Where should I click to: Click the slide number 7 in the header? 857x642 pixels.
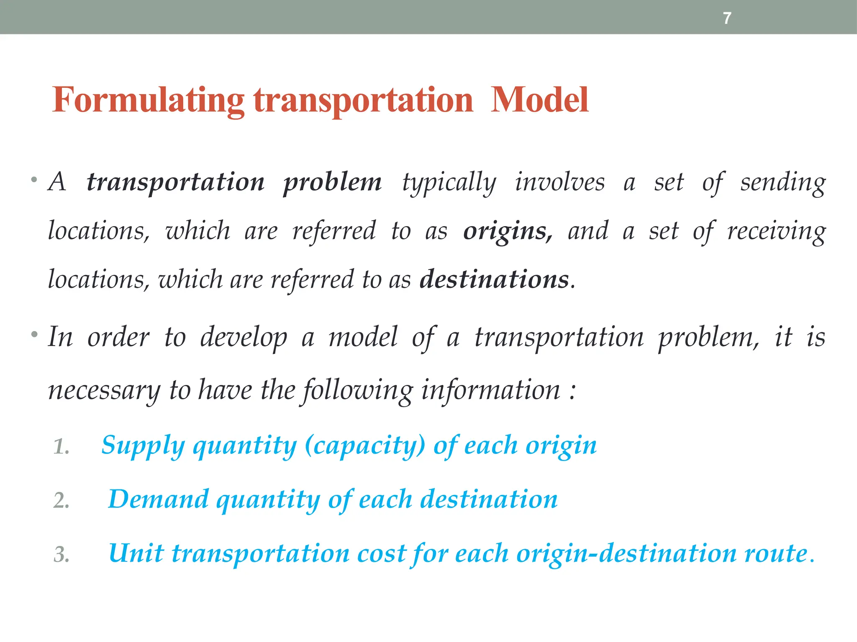tap(727, 18)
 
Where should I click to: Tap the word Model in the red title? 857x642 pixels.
tap(539, 100)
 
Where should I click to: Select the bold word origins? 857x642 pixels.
tap(508, 231)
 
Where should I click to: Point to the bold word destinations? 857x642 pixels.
tap(494, 279)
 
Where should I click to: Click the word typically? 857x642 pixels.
tap(449, 183)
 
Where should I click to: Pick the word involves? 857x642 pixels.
tap(559, 183)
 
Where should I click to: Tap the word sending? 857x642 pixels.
tap(783, 183)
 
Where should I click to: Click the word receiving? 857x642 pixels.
tap(776, 231)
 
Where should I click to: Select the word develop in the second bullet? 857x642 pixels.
tap(244, 338)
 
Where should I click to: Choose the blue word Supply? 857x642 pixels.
tap(143, 446)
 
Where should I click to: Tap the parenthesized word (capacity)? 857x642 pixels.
tap(365, 446)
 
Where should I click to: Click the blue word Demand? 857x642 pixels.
tap(158, 499)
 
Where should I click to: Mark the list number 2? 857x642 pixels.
tap(61, 501)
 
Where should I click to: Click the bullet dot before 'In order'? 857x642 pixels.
tap(34, 335)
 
